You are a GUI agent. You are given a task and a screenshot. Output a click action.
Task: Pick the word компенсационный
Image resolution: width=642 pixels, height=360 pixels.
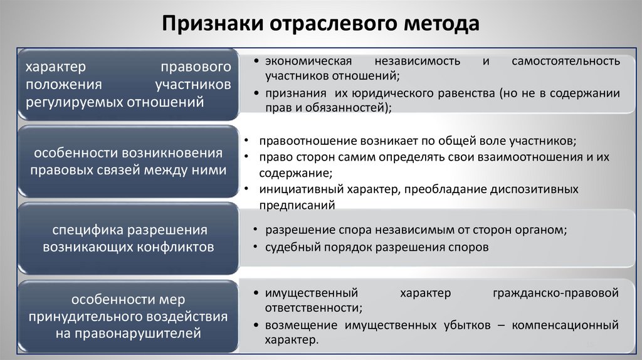click(x=566, y=326)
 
